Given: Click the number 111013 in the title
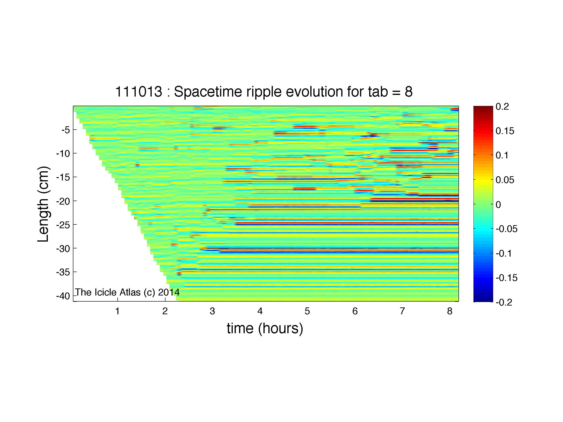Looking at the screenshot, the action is pyautogui.click(x=139, y=92).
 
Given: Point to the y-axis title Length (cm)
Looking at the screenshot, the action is pyautogui.click(x=43, y=204).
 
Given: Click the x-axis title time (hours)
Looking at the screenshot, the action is pyautogui.click(x=265, y=329).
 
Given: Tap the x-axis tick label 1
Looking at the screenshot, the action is pyautogui.click(x=117, y=311).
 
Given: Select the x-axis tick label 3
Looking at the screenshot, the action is pyautogui.click(x=212, y=311).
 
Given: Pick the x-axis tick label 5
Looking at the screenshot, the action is pyautogui.click(x=307, y=311).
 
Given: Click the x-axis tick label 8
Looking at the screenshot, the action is pyautogui.click(x=450, y=311).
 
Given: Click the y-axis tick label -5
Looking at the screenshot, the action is pyautogui.click(x=65, y=130).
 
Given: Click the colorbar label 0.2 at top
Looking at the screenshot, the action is pyautogui.click(x=502, y=107).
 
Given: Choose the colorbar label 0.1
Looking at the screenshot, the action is pyautogui.click(x=502, y=155).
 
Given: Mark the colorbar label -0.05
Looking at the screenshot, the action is pyautogui.click(x=506, y=229).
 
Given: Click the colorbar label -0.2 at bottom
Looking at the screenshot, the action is pyautogui.click(x=504, y=302).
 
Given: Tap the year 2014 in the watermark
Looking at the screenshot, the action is pyautogui.click(x=169, y=292).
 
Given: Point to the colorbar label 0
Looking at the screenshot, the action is pyautogui.click(x=498, y=205).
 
